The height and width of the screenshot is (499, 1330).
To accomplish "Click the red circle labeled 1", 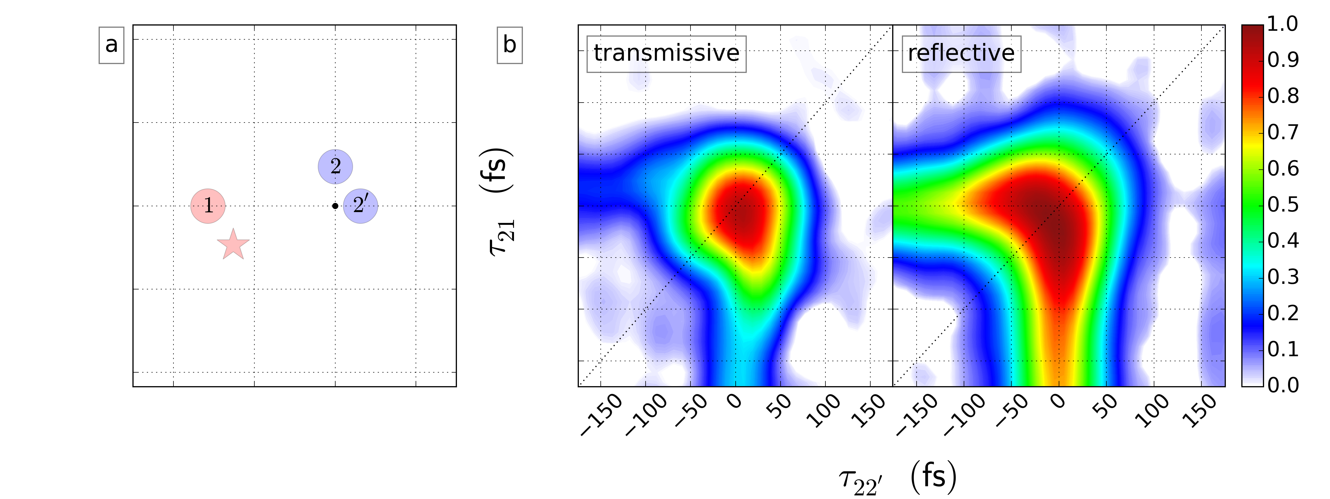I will (x=208, y=206).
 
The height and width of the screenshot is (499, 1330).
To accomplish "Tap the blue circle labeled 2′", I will (x=360, y=206).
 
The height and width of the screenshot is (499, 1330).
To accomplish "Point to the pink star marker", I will (x=233, y=244).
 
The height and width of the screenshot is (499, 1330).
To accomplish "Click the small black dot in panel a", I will (x=335, y=206).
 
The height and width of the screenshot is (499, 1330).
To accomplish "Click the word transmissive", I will (x=666, y=53).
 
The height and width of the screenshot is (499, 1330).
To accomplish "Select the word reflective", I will (x=961, y=53).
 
